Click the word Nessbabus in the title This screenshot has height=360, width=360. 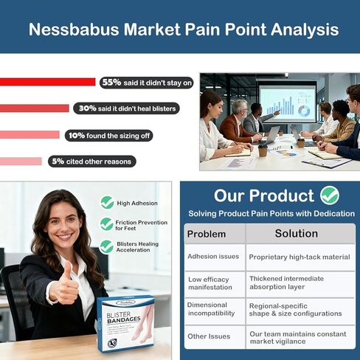point(74,30)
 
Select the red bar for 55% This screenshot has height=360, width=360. point(48,82)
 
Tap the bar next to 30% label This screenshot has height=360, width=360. point(35,108)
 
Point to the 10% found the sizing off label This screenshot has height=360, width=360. point(108,136)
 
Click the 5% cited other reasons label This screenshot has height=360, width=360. point(92,162)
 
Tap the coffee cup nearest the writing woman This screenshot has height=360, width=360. point(263,150)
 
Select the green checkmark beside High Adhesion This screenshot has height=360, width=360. point(107,203)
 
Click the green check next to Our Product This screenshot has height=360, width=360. point(330,195)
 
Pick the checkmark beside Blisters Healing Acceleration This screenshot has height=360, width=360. point(106,247)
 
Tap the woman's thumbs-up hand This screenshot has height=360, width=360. point(65,285)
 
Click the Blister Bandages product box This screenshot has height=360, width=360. point(126,323)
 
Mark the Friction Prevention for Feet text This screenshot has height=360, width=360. point(142,225)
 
